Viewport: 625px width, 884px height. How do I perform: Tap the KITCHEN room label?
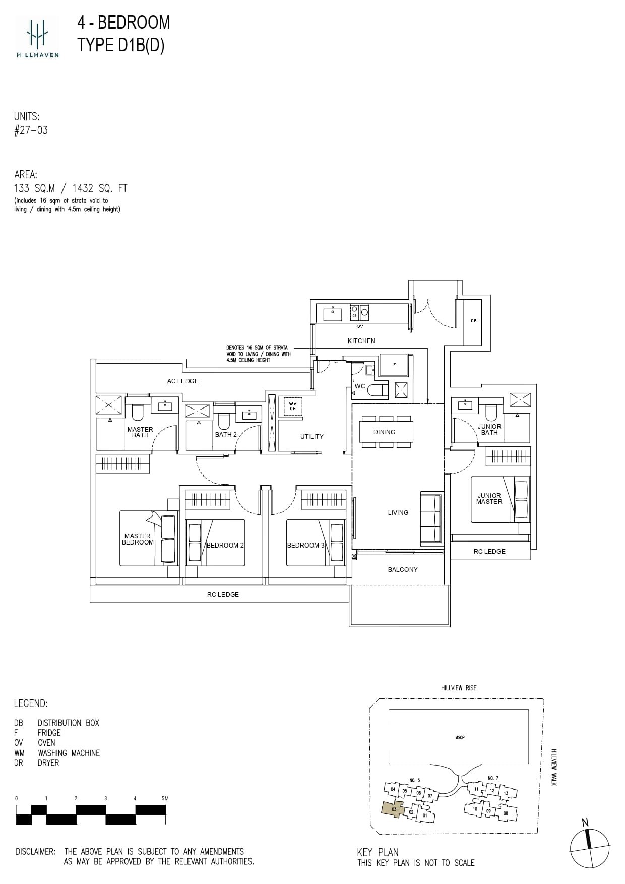[361, 341]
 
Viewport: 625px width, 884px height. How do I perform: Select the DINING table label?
[384, 432]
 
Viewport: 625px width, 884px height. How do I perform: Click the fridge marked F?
[394, 365]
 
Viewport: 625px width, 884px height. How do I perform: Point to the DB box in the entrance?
[473, 321]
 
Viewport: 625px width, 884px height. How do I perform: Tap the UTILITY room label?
[311, 437]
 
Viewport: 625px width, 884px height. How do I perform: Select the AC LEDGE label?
[182, 381]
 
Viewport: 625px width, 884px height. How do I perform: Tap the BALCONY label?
[403, 570]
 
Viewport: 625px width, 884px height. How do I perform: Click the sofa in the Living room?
[431, 518]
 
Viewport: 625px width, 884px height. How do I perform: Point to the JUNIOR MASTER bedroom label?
[489, 499]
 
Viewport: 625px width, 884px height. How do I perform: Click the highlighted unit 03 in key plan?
[393, 809]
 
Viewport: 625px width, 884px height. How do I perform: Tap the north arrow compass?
[589, 848]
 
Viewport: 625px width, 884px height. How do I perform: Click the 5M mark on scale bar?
[165, 798]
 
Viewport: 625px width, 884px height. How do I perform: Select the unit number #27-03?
[31, 130]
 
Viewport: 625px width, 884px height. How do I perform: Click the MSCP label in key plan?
[459, 737]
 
